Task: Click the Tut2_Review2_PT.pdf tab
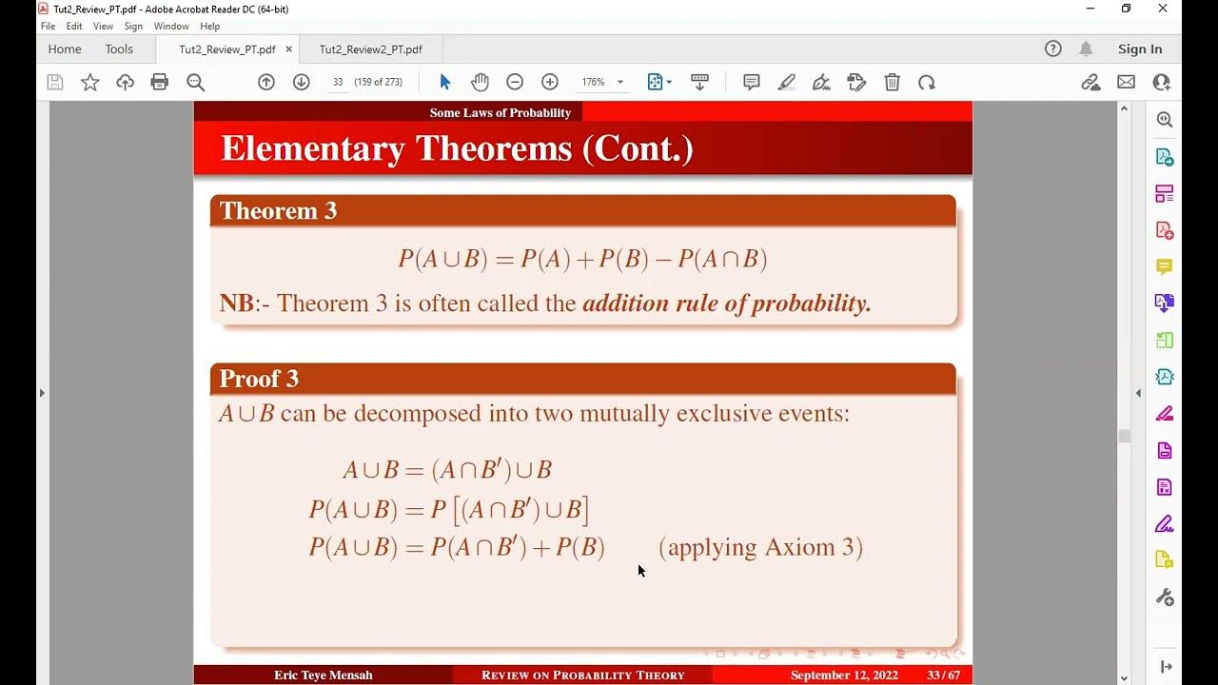[370, 49]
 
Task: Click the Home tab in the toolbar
[65, 49]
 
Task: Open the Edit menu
[74, 27]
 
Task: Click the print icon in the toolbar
[160, 83]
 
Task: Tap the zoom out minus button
[515, 83]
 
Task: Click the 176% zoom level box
[595, 83]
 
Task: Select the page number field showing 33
[338, 83]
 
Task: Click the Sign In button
[1139, 49]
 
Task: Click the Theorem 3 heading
[278, 211]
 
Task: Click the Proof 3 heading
[259, 379]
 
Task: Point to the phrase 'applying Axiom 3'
[760, 548]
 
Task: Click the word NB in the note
[236, 304]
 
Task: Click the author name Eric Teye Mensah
[324, 675]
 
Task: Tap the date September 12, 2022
[845, 675]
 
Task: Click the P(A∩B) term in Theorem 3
[722, 259]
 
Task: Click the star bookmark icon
[90, 83]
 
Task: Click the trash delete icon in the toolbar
[892, 83]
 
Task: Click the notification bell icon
[1086, 49]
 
